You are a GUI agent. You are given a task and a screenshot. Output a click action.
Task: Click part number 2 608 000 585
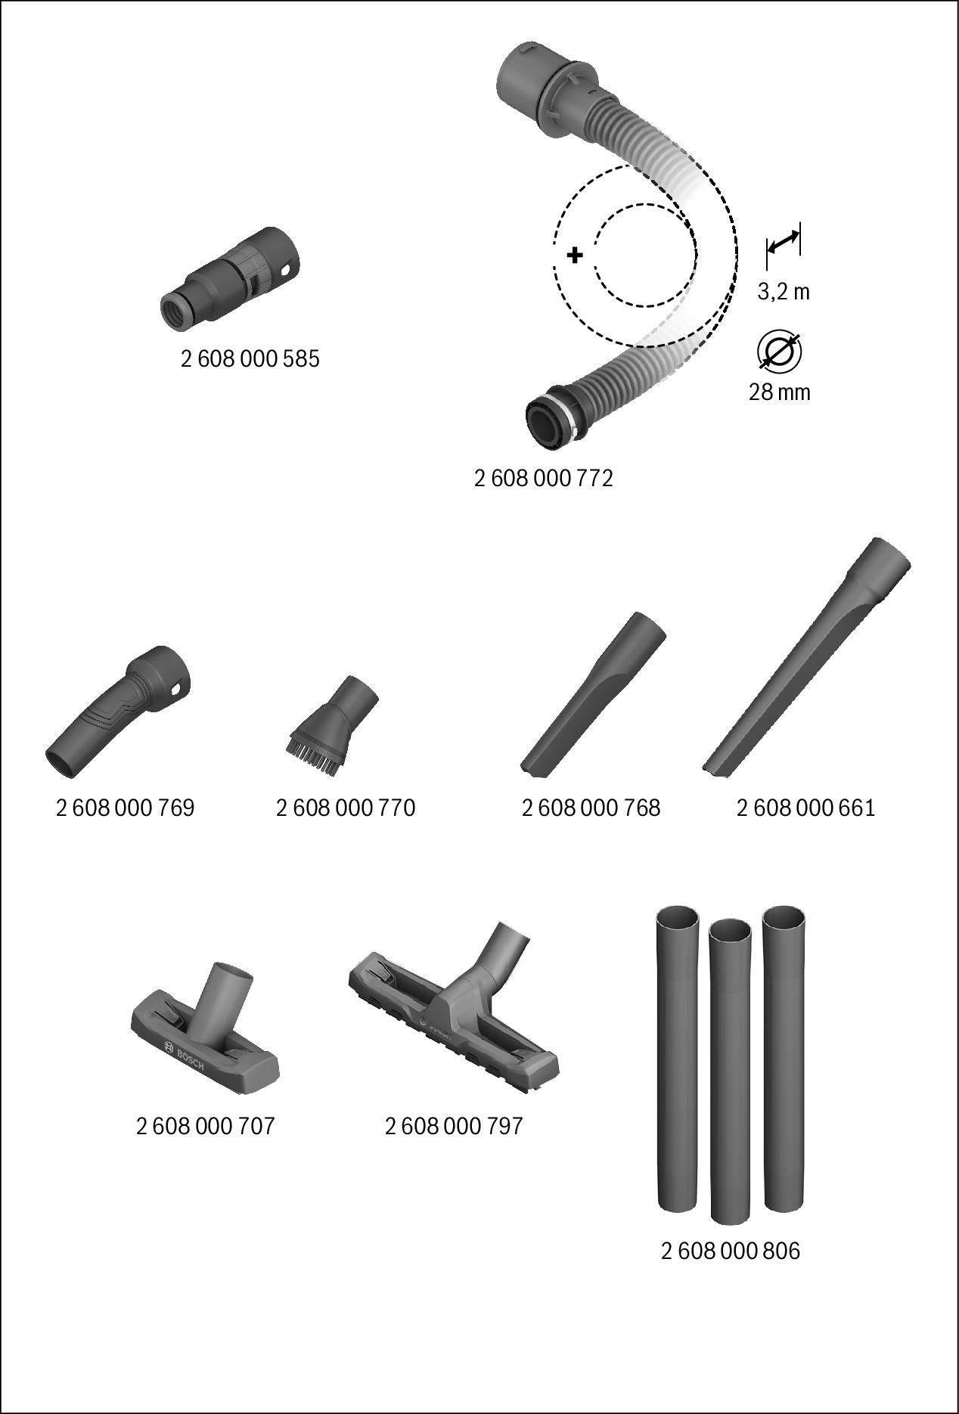[x=250, y=359]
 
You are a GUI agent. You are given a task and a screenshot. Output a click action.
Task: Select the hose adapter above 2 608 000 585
[x=233, y=279]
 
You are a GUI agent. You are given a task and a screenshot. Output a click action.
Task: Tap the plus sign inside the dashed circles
[x=575, y=255]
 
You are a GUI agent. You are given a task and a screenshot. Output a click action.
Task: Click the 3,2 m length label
[x=784, y=292]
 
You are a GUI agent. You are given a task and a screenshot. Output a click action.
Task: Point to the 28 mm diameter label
[x=779, y=392]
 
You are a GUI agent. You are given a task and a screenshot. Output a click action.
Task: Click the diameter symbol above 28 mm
[x=779, y=352]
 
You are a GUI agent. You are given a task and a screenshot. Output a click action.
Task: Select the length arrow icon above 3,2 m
[x=783, y=243]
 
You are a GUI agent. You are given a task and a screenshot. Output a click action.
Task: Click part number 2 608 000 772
[x=543, y=479]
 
